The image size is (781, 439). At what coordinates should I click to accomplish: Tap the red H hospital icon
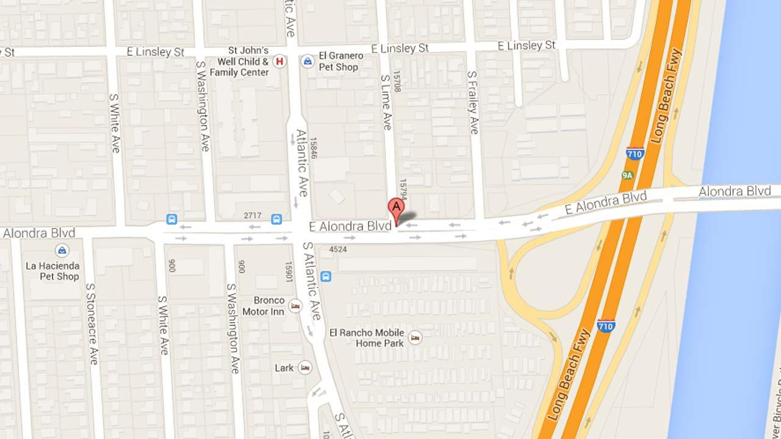point(279,61)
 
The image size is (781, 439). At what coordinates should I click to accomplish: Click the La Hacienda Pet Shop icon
point(61,250)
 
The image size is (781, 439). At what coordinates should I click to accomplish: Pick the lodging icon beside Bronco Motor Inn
point(295,306)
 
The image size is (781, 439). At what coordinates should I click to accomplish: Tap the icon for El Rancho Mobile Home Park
point(415,338)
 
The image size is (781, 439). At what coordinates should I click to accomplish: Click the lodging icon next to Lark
point(304,368)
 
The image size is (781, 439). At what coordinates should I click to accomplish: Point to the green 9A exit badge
point(627,176)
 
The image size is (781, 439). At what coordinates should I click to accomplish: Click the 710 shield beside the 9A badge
point(635,154)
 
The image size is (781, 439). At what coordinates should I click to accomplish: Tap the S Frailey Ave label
point(473,102)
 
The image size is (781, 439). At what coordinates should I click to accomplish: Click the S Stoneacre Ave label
point(92,323)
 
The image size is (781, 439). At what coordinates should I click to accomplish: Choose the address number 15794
point(402,190)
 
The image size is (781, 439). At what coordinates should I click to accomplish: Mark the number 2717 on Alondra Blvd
point(252,216)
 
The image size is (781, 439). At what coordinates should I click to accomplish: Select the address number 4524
point(337,249)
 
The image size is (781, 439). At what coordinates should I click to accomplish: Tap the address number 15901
point(289,273)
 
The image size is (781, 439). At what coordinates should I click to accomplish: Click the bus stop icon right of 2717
point(276,219)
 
